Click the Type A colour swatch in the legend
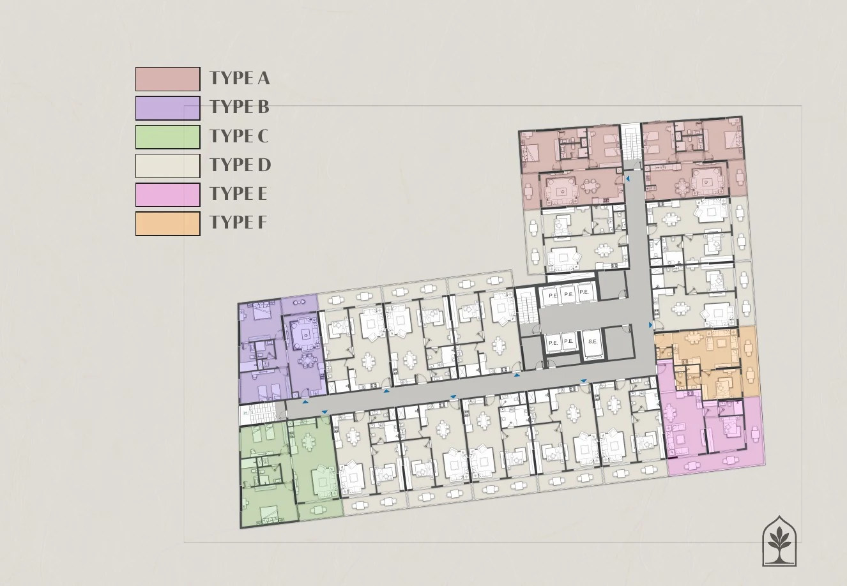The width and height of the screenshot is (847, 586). pyautogui.click(x=168, y=79)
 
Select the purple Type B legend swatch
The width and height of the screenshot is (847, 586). pyautogui.click(x=168, y=108)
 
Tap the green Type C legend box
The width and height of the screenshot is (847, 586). pyautogui.click(x=168, y=137)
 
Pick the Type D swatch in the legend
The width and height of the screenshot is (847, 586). pyautogui.click(x=168, y=165)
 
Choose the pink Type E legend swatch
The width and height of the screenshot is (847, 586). pyautogui.click(x=168, y=195)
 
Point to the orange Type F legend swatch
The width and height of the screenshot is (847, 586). pyautogui.click(x=168, y=223)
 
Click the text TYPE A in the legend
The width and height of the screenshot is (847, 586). pyautogui.click(x=240, y=79)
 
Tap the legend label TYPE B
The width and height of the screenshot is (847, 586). pyautogui.click(x=240, y=107)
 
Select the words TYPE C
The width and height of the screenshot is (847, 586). pyautogui.click(x=239, y=136)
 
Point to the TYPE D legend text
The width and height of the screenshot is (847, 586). pyautogui.click(x=240, y=165)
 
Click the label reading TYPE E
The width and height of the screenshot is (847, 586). pyautogui.click(x=238, y=193)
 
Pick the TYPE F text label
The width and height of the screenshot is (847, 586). pyautogui.click(x=238, y=222)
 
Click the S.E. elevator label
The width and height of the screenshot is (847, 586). pyautogui.click(x=593, y=342)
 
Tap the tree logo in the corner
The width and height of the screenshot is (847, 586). pyautogui.click(x=779, y=541)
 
